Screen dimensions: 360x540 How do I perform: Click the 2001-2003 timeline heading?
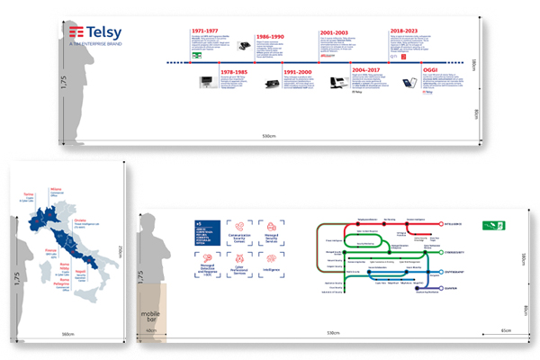pyautogui.click(x=335, y=31)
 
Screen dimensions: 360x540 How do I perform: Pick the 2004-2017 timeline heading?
pyautogui.click(x=366, y=68)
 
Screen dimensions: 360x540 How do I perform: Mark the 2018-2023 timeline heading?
pyautogui.click(x=406, y=31)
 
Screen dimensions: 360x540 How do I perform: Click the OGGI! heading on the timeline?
pyautogui.click(x=432, y=68)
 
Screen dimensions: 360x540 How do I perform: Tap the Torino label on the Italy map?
pyautogui.click(x=28, y=193)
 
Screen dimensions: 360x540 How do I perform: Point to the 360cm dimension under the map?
pyautogui.click(x=67, y=335)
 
